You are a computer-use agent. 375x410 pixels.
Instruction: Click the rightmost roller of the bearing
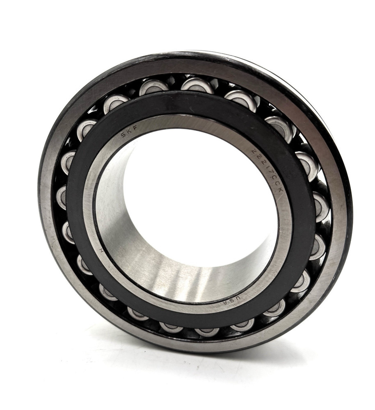point(321,207)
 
